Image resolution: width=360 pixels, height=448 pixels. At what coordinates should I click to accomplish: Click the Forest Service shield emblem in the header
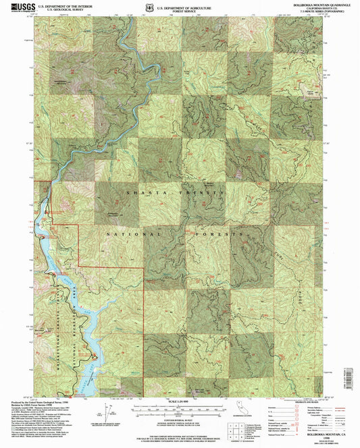[148, 7]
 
